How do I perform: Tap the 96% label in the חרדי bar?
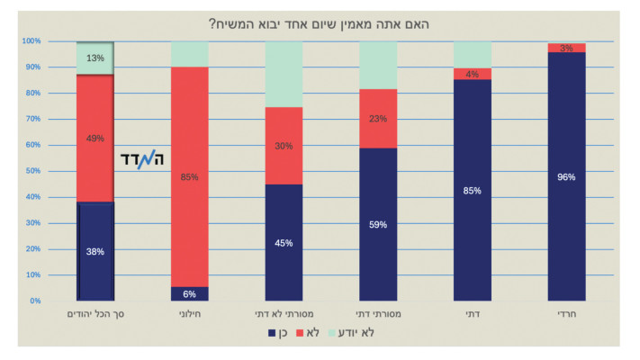pos(566,176)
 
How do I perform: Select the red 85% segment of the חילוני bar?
pos(189,176)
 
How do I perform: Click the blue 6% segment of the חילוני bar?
pos(189,293)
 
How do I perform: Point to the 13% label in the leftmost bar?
pos(95,58)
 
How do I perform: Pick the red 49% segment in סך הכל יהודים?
pos(95,138)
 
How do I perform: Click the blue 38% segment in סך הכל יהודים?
pos(95,251)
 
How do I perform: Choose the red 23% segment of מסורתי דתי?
pos(378,118)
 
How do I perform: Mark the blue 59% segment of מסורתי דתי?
pos(378,224)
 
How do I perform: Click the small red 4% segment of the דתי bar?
pos(473,74)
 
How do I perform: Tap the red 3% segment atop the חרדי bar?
pos(566,47)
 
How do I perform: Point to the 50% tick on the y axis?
pos(33,171)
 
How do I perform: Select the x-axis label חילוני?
pos(189,314)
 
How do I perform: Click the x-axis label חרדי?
pos(566,314)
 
